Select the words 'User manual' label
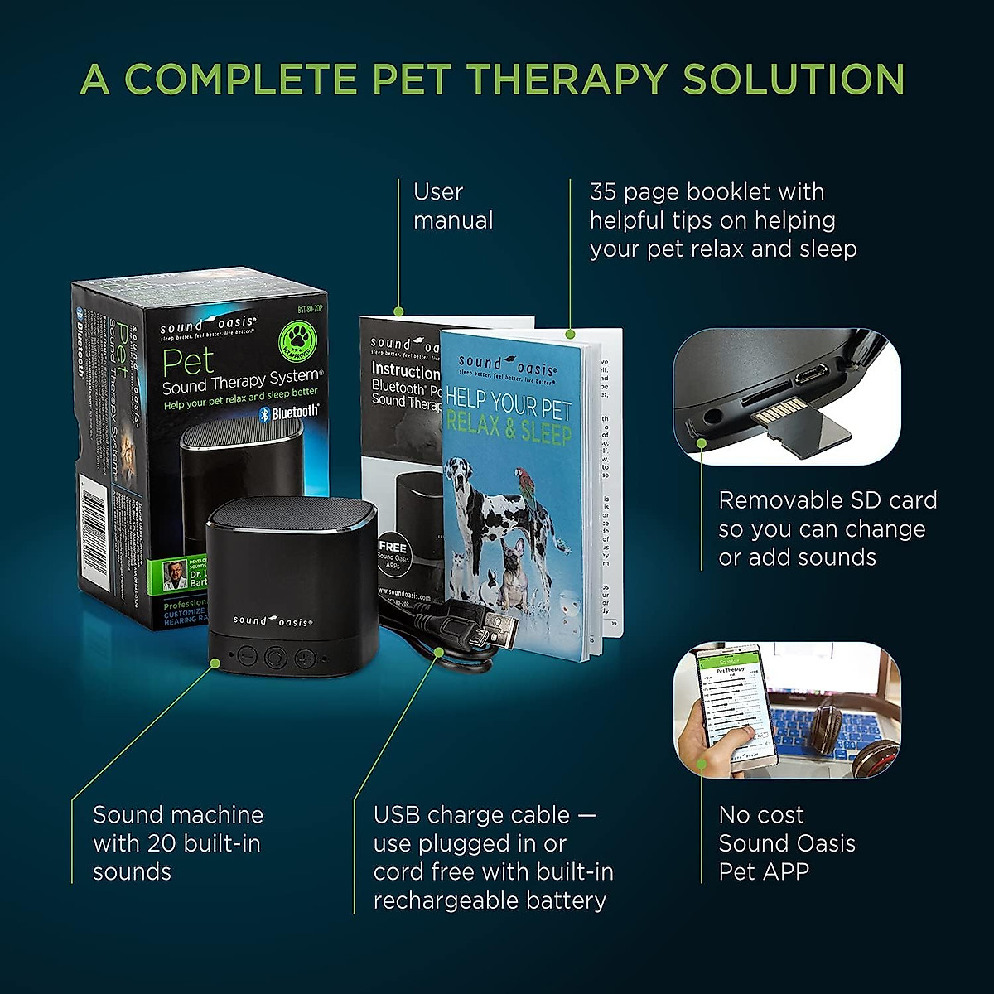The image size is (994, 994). tap(452, 206)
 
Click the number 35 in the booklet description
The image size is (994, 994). tap(603, 192)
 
